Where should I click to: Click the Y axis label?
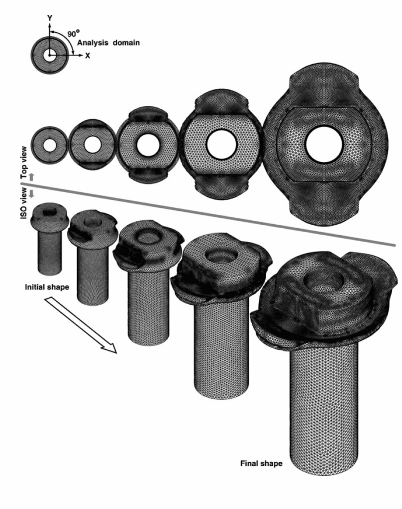(x=49, y=18)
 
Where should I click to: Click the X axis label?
(x=88, y=56)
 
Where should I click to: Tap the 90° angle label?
(x=73, y=33)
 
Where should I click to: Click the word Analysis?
(x=93, y=43)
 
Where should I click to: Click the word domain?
(x=126, y=43)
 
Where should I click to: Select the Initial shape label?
(x=47, y=287)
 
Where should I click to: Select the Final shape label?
(x=261, y=463)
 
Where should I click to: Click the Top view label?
(x=24, y=166)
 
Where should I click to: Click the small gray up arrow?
(x=31, y=177)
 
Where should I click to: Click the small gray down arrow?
(x=31, y=194)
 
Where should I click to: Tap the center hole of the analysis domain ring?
(x=49, y=56)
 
